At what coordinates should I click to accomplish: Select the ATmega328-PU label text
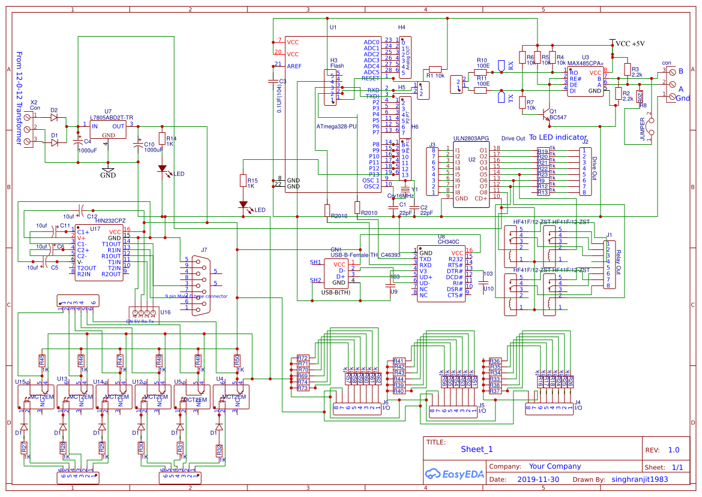[x=336, y=127]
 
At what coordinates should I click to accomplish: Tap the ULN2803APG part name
[x=471, y=138]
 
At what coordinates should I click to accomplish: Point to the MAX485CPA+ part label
[x=586, y=63]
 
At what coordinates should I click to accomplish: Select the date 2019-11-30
[x=537, y=480]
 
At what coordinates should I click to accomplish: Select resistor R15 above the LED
[x=243, y=181]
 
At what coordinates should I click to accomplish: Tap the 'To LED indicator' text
[x=557, y=138]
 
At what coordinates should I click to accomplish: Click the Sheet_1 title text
[x=476, y=449]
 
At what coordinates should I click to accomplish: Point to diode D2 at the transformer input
[x=55, y=116]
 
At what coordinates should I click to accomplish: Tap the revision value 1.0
[x=673, y=450]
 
